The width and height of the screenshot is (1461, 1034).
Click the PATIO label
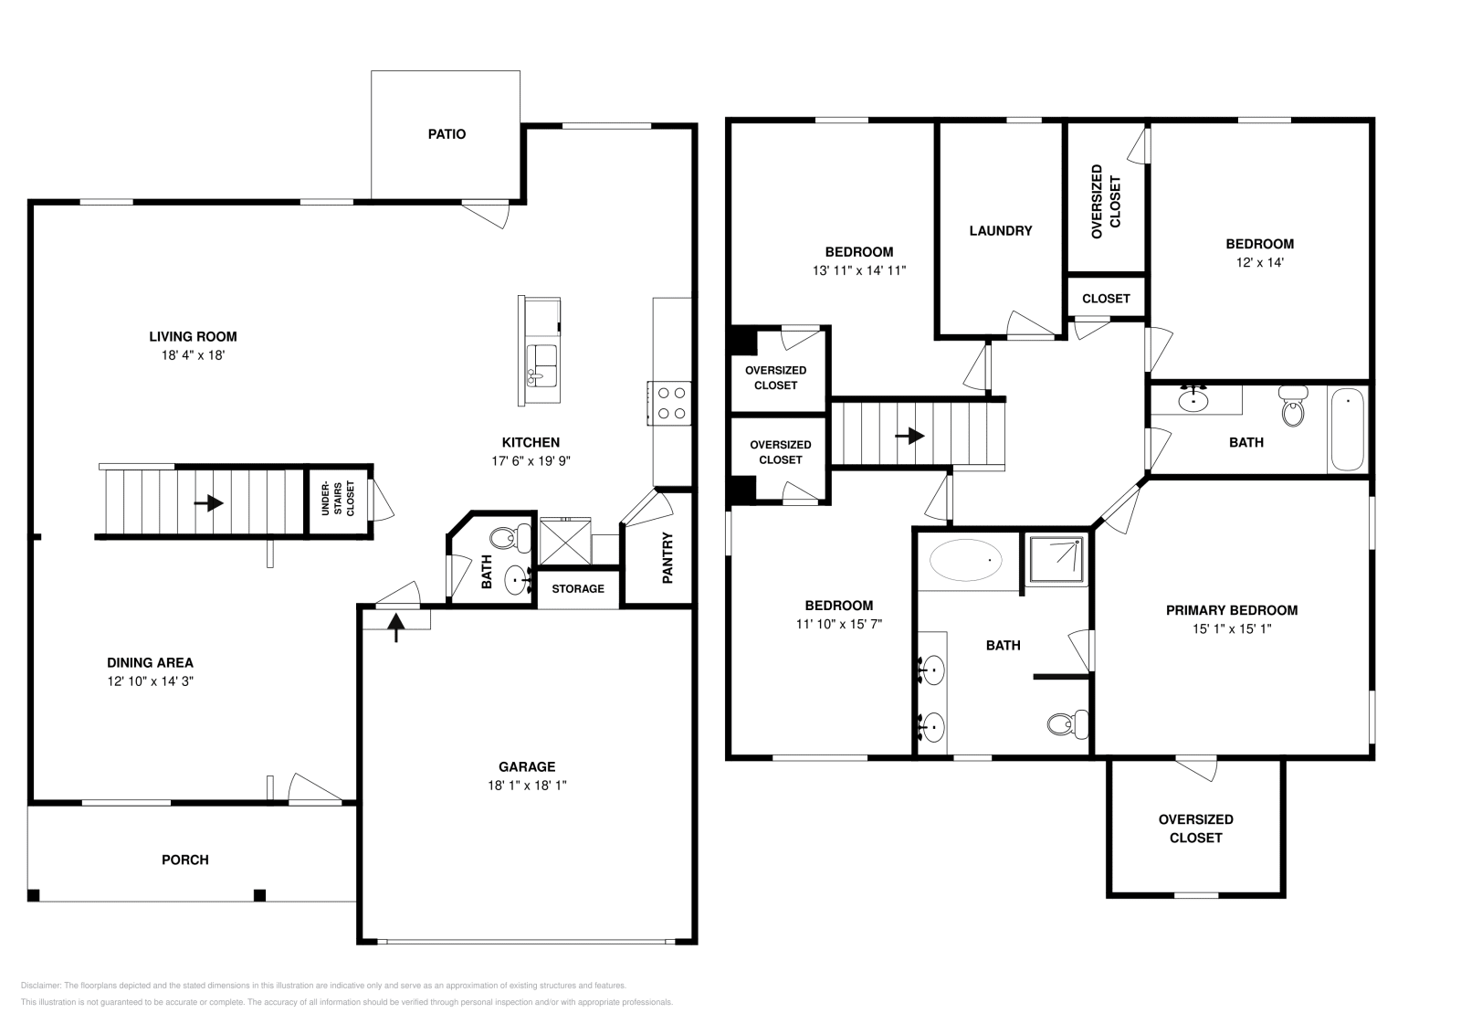click(x=447, y=134)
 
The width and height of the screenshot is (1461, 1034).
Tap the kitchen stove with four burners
click(x=669, y=403)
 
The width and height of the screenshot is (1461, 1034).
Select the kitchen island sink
click(x=541, y=366)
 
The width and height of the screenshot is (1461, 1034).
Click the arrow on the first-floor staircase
click(x=209, y=503)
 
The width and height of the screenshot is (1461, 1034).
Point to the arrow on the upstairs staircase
click(x=909, y=436)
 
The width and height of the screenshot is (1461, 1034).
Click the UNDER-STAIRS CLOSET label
click(x=339, y=499)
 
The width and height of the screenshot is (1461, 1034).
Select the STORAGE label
click(x=578, y=589)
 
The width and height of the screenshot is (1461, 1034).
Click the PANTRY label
click(x=667, y=558)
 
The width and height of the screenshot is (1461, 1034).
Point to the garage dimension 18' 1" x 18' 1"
click(x=527, y=786)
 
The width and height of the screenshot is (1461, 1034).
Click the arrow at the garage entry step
click(x=396, y=628)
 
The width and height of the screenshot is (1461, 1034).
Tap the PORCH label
click(x=185, y=860)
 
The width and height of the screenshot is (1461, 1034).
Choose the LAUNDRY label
click(x=1001, y=231)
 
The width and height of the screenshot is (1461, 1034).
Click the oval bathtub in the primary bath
click(x=966, y=560)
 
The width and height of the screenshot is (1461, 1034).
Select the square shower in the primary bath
click(x=1056, y=560)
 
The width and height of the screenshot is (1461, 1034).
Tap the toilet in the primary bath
click(x=1067, y=724)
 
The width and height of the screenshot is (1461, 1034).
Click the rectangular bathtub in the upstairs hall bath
click(x=1347, y=429)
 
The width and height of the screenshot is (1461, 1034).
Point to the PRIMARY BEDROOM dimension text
click(x=1232, y=628)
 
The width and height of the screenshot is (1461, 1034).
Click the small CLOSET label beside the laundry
click(x=1106, y=299)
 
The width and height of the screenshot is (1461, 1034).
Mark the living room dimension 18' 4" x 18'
click(x=193, y=355)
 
